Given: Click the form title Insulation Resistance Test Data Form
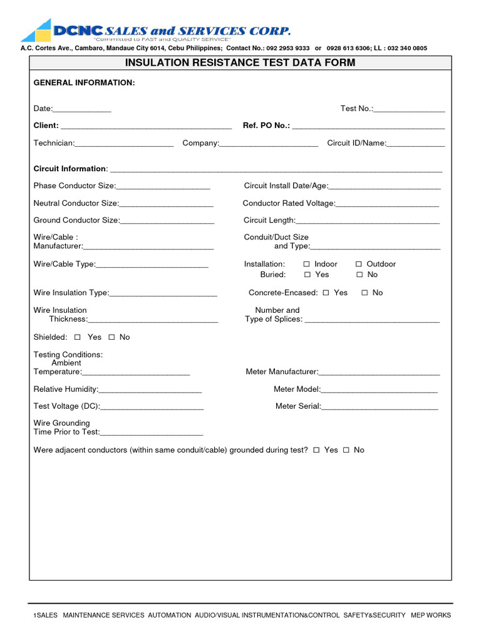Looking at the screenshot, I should coord(240,63).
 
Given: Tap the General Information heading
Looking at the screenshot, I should coord(84,83).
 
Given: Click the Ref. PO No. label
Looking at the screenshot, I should coord(266,125).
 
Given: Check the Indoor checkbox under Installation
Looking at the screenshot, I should coord(307,265).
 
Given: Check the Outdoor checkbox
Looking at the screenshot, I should coord(359,265).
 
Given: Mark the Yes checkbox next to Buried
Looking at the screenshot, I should coord(308,275).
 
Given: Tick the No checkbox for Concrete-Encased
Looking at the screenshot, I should coord(365,293).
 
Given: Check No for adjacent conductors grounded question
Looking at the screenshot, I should coord(346,450).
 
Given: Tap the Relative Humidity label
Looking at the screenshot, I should coord(65,389).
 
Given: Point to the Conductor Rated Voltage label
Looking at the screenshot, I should coord(289,203).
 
